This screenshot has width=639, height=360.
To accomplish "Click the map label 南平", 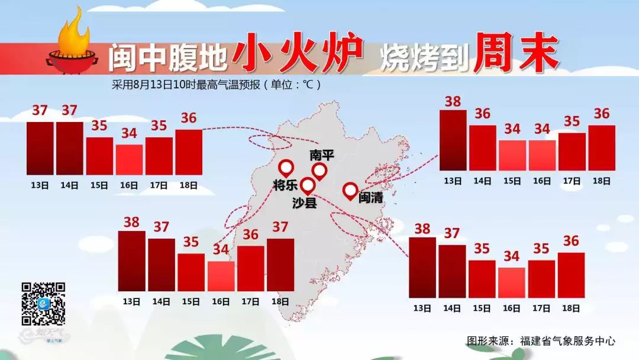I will [x=322, y=156].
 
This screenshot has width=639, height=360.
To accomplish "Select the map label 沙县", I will [x=305, y=202].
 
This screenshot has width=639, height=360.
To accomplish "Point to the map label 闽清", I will [x=370, y=197].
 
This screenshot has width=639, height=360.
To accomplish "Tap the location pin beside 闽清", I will [x=350, y=191].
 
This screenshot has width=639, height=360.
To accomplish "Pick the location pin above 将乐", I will [x=286, y=168].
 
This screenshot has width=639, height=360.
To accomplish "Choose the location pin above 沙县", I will [x=308, y=186].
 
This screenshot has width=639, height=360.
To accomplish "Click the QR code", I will [x=43, y=304].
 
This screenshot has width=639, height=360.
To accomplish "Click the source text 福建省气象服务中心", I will [x=567, y=341].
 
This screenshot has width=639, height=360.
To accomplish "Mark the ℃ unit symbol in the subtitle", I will [x=308, y=84].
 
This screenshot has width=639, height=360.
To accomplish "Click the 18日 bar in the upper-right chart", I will [x=601, y=147].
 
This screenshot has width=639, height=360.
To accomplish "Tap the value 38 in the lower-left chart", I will [x=131, y=223].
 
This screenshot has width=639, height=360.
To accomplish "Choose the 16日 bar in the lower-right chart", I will [x=511, y=282].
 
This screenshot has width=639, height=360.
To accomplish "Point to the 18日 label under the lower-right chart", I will [x=570, y=308].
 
